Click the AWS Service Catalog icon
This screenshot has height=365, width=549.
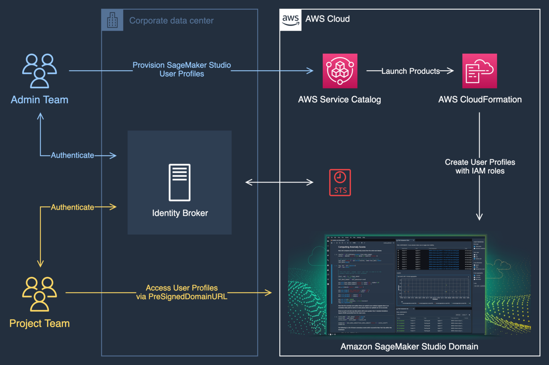click(x=340, y=71)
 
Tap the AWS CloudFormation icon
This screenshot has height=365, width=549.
click(x=479, y=71)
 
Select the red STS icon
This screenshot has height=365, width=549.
click(x=340, y=182)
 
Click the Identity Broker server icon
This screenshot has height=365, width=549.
click(x=180, y=182)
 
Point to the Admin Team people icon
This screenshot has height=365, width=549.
click(x=39, y=71)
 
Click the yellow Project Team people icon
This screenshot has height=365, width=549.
click(x=39, y=294)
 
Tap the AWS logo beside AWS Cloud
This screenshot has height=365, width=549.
click(x=291, y=20)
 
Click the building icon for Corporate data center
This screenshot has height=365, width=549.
click(x=112, y=20)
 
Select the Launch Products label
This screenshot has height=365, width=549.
click(x=410, y=71)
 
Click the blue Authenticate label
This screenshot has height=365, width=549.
click(x=73, y=155)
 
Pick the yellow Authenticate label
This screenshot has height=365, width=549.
click(x=73, y=207)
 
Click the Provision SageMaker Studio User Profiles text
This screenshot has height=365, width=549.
click(x=182, y=69)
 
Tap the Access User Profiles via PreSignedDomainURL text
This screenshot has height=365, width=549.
click(x=182, y=292)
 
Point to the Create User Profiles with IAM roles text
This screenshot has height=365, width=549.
click(x=480, y=166)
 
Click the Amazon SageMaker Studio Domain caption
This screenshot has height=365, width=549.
click(x=409, y=347)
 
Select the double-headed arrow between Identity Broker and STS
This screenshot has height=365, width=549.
click(x=279, y=182)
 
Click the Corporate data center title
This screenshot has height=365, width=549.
click(x=171, y=20)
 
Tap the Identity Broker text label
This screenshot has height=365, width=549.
click(x=180, y=213)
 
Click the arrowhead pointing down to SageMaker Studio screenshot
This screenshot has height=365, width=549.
click(x=479, y=216)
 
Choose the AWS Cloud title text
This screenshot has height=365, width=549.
click(x=327, y=19)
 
